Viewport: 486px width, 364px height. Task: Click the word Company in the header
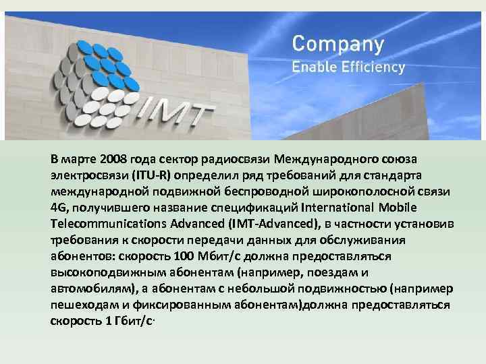point(337,44)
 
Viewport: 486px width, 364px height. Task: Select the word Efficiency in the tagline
point(375,67)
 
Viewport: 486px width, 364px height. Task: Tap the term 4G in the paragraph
point(58,206)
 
